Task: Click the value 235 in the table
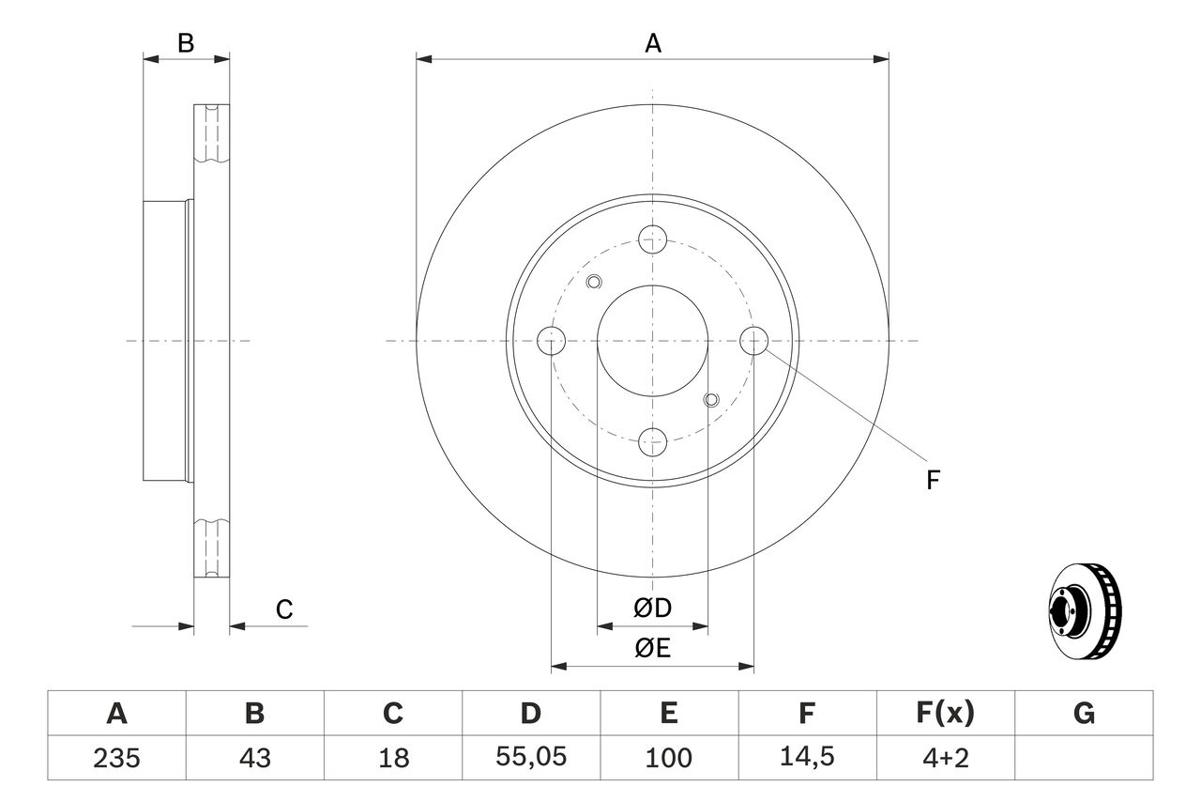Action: (x=117, y=758)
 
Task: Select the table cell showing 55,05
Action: (x=531, y=758)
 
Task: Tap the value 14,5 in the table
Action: (x=806, y=758)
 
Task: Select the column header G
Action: (x=1084, y=714)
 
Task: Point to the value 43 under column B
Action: (x=254, y=758)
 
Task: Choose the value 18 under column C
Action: (x=392, y=758)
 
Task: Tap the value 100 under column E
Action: (x=668, y=758)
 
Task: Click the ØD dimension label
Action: (x=653, y=608)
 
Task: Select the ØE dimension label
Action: (x=653, y=649)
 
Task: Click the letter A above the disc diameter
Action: (x=653, y=43)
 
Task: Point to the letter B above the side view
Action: (x=186, y=43)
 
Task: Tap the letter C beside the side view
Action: (x=284, y=609)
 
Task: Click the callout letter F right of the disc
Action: (x=932, y=481)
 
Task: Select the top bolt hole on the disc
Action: (x=653, y=239)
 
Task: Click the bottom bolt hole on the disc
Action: (x=653, y=439)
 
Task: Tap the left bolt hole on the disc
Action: (x=552, y=340)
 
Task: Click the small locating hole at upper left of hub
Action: (x=593, y=281)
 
